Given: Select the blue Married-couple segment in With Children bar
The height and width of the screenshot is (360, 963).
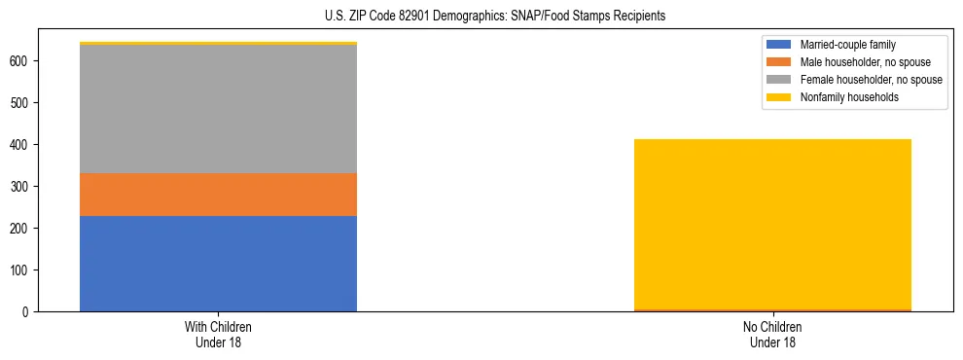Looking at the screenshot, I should click(218, 263).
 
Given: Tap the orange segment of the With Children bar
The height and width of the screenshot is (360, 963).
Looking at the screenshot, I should click(218, 194).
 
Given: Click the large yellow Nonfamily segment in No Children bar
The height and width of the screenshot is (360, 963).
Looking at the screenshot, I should click(772, 224).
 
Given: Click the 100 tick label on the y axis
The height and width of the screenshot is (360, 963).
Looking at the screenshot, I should click(21, 270).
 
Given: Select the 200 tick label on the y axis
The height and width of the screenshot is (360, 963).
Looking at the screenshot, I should click(21, 228).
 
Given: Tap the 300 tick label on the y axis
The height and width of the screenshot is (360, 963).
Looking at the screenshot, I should click(21, 186).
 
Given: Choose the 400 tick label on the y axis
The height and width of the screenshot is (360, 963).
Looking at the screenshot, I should click(21, 144).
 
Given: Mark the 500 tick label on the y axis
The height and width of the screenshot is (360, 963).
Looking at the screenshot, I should click(21, 102).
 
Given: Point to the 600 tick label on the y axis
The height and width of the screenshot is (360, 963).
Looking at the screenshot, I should click(21, 60).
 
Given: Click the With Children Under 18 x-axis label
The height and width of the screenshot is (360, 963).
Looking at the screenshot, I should click(218, 334).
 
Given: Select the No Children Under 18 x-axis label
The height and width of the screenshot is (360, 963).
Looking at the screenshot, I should click(772, 334).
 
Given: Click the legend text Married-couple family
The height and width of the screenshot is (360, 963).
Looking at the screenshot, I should click(847, 45).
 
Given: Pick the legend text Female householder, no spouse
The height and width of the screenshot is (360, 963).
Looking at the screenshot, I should click(871, 80).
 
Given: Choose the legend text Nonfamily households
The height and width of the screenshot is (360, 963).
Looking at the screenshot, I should click(849, 97).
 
